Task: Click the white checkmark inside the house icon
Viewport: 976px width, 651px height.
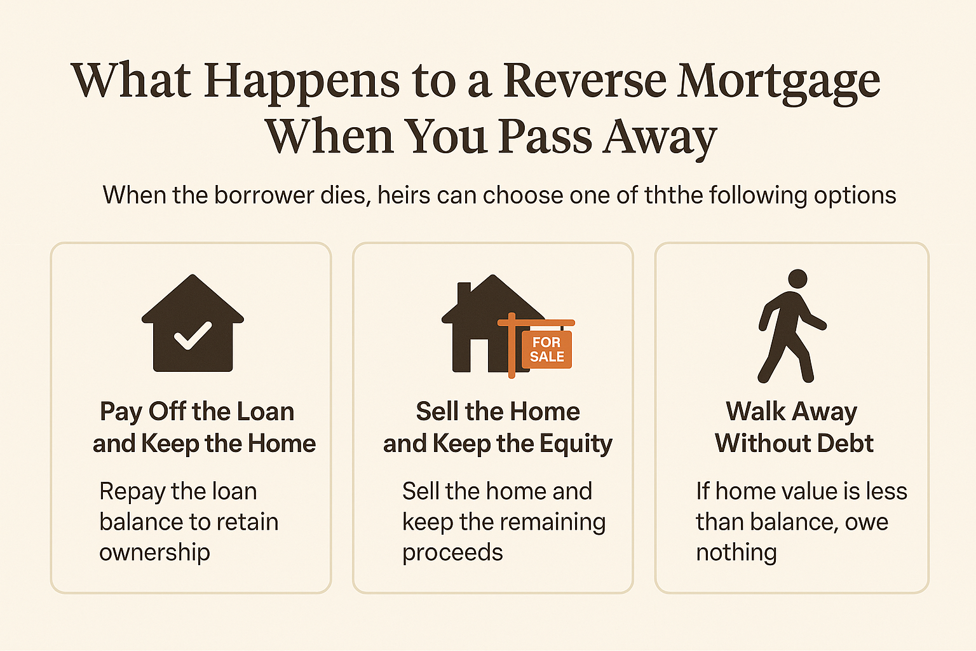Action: [193, 336]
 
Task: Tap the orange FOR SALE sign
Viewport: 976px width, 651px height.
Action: [546, 349]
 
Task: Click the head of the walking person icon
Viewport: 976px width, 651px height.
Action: [797, 278]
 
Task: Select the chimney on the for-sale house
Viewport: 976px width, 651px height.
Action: [464, 294]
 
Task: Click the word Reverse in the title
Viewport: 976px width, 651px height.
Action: [585, 81]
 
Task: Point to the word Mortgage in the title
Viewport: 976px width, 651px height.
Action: [778, 83]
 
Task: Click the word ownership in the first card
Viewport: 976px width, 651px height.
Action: [154, 553]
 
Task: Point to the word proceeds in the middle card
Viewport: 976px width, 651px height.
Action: [452, 553]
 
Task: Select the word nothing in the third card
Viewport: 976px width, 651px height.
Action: [736, 553]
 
